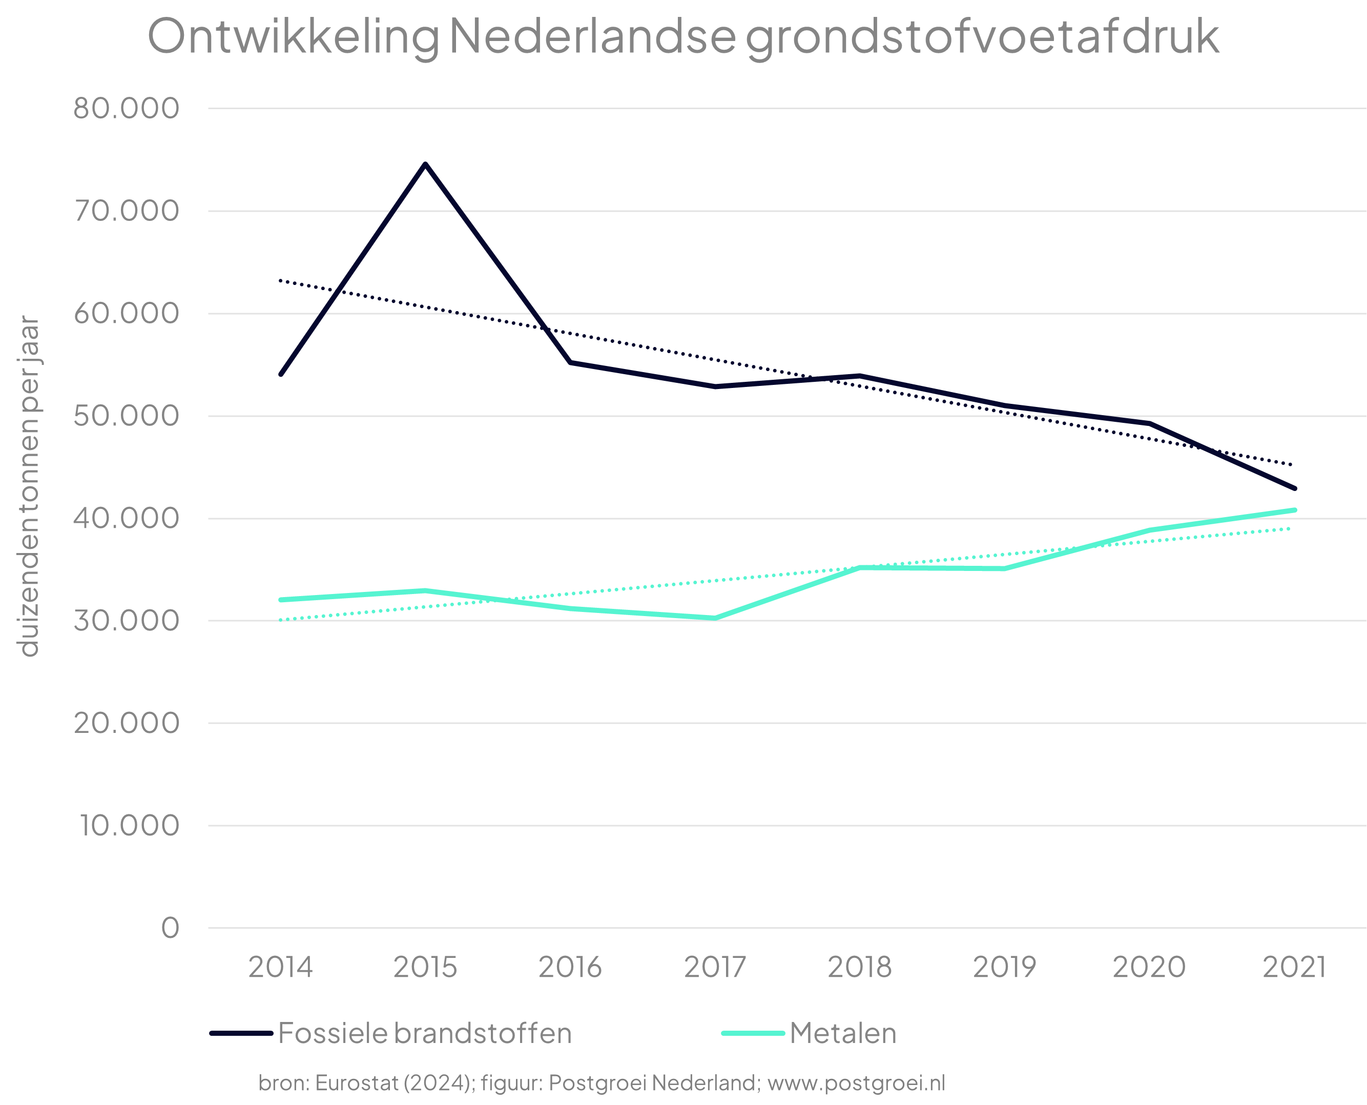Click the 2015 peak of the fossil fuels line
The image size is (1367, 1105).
tap(425, 164)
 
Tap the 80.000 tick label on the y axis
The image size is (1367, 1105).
tap(126, 108)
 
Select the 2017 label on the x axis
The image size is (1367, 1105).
tap(715, 967)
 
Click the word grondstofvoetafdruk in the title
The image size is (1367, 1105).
tap(982, 36)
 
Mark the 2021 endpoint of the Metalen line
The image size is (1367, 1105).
tap(1294, 510)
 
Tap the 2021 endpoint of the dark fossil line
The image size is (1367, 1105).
tap(1294, 488)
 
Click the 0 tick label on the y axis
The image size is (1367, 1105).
tap(170, 928)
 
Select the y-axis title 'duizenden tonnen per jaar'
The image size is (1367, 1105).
tap(29, 486)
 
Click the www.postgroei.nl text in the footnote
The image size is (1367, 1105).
tap(856, 1083)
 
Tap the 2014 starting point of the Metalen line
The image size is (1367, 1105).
tap(281, 600)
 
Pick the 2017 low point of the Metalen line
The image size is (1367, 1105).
tap(715, 618)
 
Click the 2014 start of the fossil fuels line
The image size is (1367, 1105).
tap(281, 374)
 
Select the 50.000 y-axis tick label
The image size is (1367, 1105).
tap(126, 416)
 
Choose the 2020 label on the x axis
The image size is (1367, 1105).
tap(1149, 967)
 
